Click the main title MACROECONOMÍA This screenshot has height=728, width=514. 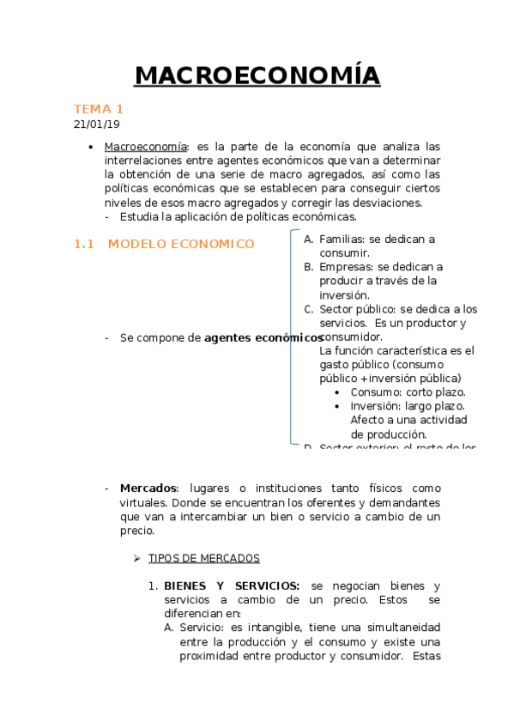(257, 76)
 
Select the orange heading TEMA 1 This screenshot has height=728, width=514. (99, 109)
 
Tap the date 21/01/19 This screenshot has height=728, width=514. (96, 124)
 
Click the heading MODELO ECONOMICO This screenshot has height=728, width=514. (181, 244)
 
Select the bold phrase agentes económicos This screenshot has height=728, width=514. (257, 338)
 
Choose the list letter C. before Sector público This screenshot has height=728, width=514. (309, 309)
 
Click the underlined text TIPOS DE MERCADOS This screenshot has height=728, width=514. (204, 558)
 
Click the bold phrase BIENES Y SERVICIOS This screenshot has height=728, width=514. (232, 585)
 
